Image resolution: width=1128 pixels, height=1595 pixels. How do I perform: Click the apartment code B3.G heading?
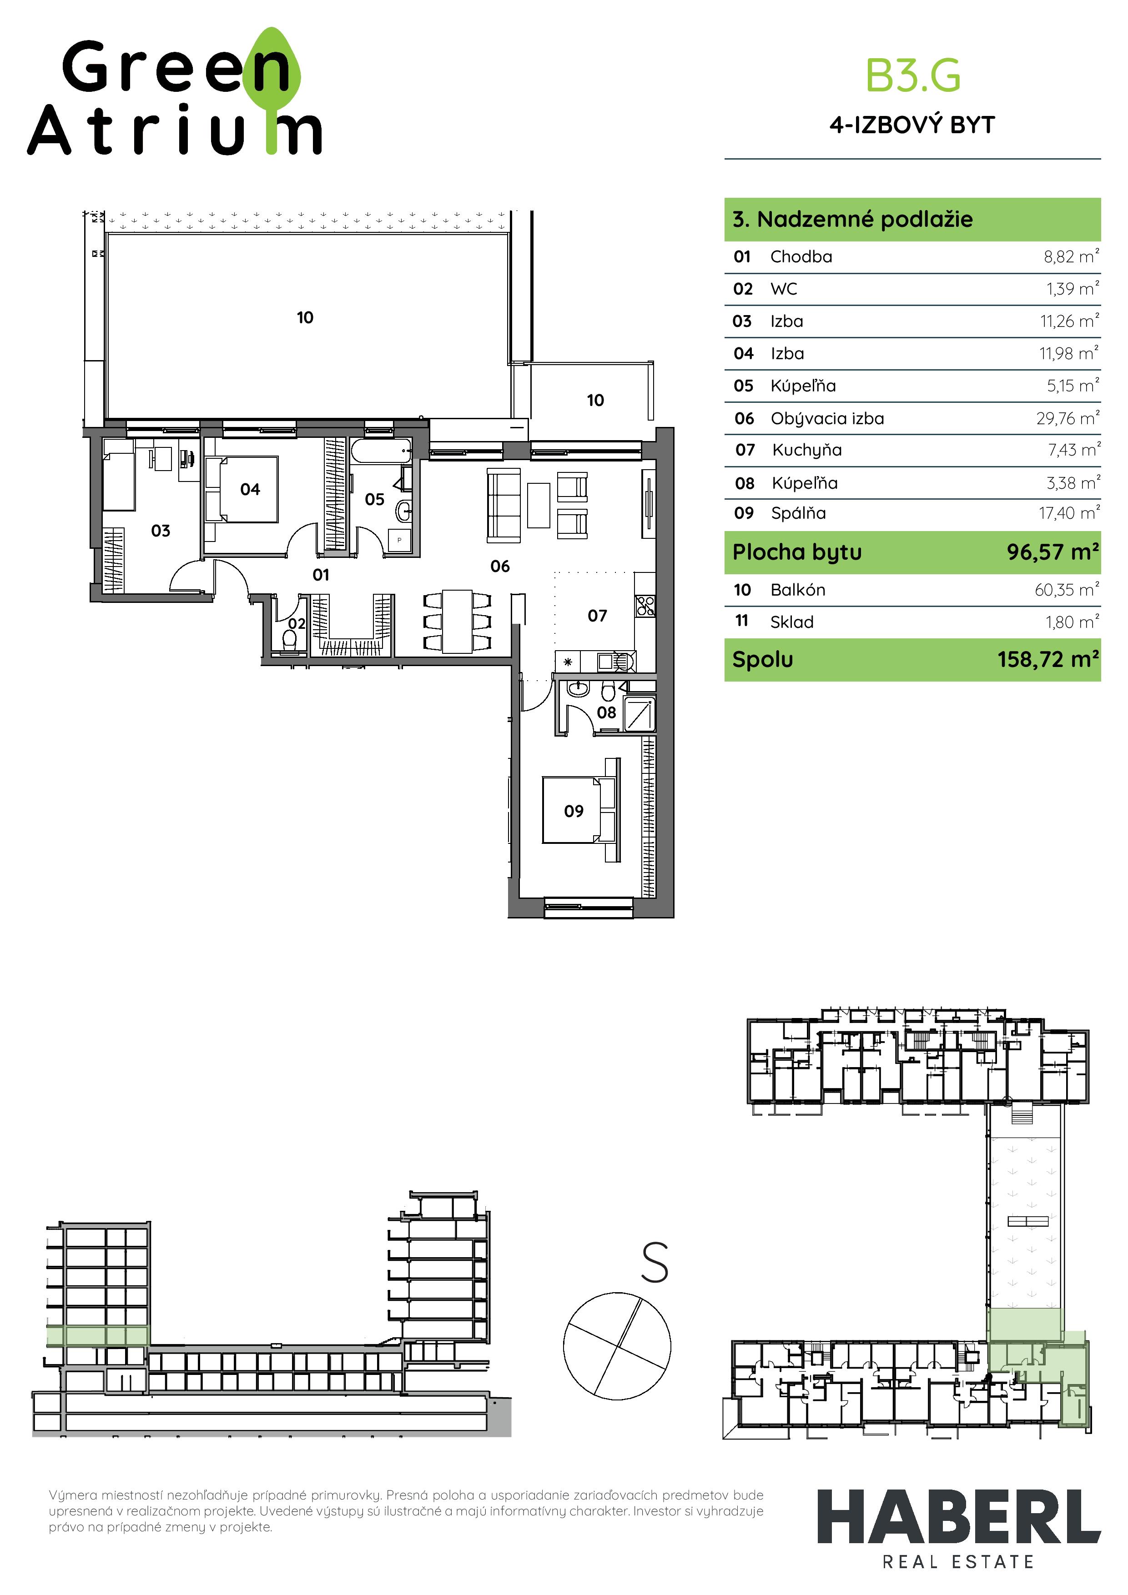[912, 76]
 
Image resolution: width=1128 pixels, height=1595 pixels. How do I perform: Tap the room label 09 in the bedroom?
[574, 811]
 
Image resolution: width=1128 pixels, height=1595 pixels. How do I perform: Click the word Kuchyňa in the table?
[807, 450]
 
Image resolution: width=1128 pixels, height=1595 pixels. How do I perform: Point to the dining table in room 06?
[457, 621]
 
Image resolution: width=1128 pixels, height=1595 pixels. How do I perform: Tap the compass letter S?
[654, 1262]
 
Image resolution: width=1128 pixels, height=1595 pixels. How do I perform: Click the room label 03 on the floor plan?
[161, 531]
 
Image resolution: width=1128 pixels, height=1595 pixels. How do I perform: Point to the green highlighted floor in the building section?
[98, 1336]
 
